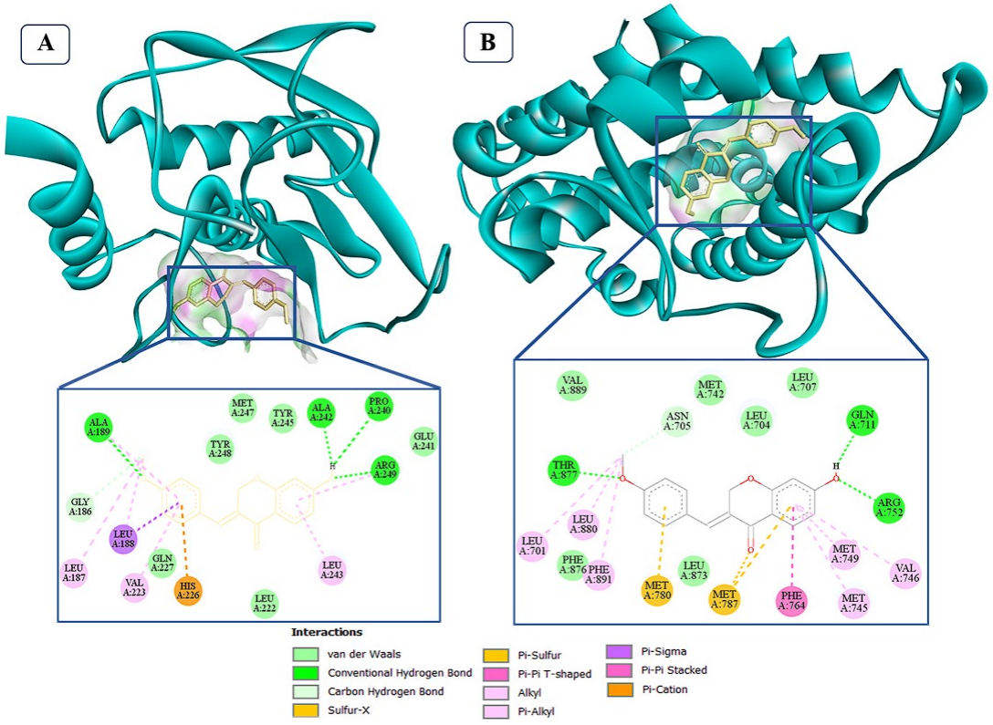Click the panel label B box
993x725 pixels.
pos(488,42)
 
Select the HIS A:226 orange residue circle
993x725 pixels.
pos(188,591)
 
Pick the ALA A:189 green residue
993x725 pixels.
pos(99,426)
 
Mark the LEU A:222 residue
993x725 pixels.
pos(266,604)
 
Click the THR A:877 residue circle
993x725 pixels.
pos(563,470)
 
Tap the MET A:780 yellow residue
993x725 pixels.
pos(657,590)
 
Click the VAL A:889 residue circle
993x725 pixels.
pos(572,386)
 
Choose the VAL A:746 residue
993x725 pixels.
pos(905,572)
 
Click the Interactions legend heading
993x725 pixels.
pos(327,632)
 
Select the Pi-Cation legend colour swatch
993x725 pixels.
pos(620,689)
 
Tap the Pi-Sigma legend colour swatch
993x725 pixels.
pos(620,651)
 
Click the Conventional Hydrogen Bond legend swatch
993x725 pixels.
pos(306,673)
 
